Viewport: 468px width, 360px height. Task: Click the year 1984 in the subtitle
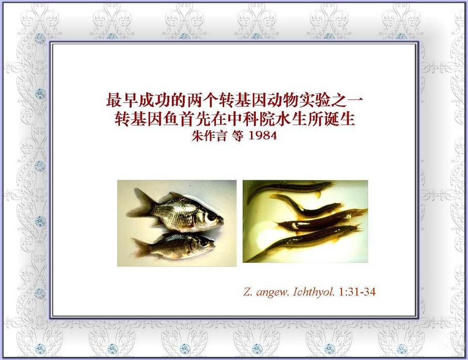pos(262,136)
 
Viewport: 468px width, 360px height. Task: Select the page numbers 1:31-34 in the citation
pos(357,292)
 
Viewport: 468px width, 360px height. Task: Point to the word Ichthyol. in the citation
pos(314,292)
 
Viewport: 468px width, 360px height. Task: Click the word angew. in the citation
pos(273,292)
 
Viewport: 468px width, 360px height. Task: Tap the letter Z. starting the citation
pos(248,292)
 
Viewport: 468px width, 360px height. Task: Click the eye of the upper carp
pos(212,216)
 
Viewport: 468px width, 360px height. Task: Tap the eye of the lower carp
pos(205,242)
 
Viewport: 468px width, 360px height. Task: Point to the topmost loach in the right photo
pos(289,189)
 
